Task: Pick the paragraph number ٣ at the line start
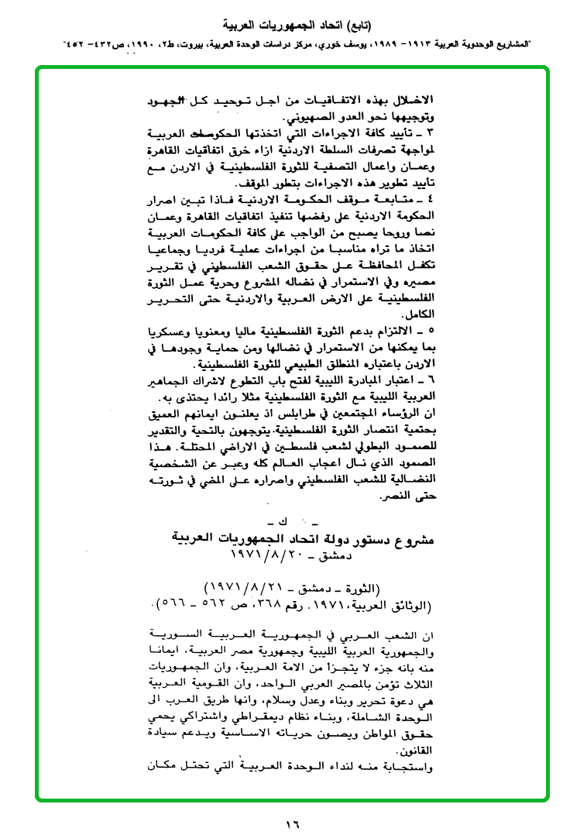[434, 132]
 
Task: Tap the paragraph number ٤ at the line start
[434, 201]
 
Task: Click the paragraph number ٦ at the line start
[434, 381]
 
